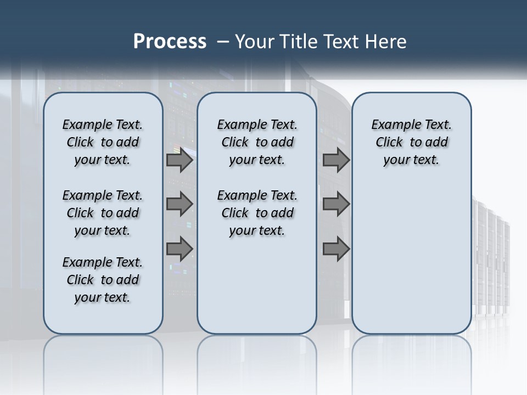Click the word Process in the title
[170, 42]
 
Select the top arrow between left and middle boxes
[180, 160]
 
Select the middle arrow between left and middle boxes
[180, 204]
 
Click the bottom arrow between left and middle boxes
[180, 249]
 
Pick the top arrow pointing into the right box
[336, 160]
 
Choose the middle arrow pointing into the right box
[336, 204]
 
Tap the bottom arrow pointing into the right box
[336, 249]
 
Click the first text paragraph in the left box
[103, 142]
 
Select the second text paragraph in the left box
[103, 213]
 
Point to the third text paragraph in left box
[103, 280]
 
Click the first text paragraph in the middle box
[257, 142]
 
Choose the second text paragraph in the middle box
[257, 213]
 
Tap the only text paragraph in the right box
[411, 142]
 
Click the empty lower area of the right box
[411, 258]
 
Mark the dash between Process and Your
[223, 42]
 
